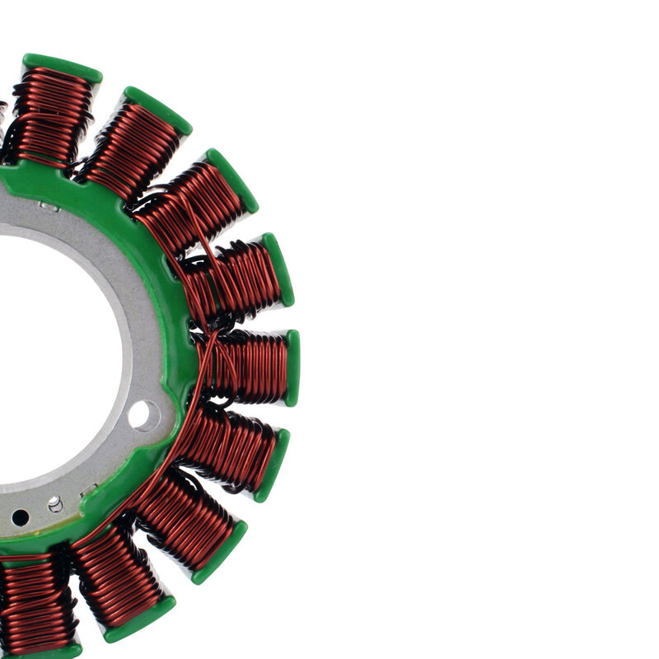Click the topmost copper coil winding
click(54, 115)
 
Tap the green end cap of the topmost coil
click(63, 66)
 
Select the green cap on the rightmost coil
click(292, 367)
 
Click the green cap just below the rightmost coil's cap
click(272, 465)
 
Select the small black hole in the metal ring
click(20, 517)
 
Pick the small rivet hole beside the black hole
click(54, 502)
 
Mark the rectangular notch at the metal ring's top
click(49, 207)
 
